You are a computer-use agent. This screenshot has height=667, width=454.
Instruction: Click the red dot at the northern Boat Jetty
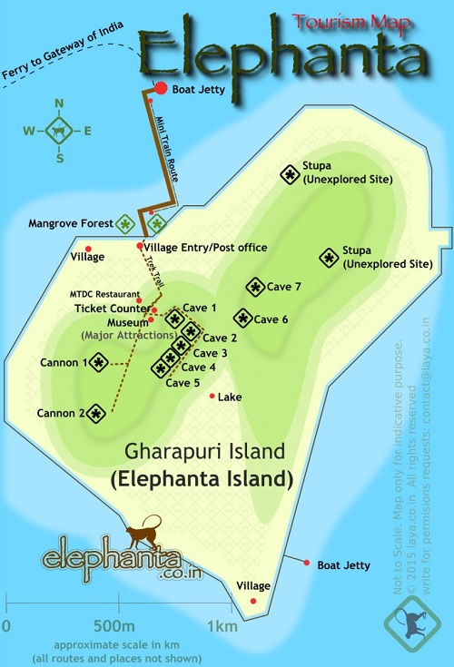point(161,88)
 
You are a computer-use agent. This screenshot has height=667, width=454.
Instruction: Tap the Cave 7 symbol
point(254,287)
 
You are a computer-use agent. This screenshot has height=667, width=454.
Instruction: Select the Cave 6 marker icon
point(242,319)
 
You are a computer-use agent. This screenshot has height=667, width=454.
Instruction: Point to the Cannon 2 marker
point(94,414)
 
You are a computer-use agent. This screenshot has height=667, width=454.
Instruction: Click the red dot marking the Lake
point(212,396)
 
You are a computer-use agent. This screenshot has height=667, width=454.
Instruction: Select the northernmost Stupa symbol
point(290,173)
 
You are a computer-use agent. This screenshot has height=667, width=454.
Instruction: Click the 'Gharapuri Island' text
point(205,451)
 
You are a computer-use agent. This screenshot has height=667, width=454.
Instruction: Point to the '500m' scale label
point(113,626)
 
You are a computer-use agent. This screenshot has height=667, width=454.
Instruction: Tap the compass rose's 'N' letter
point(60,103)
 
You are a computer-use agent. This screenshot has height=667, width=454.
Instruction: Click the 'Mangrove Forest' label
point(69,222)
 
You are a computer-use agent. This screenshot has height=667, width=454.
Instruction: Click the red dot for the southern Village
point(253,601)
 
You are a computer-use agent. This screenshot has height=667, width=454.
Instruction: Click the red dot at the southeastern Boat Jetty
point(307,564)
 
